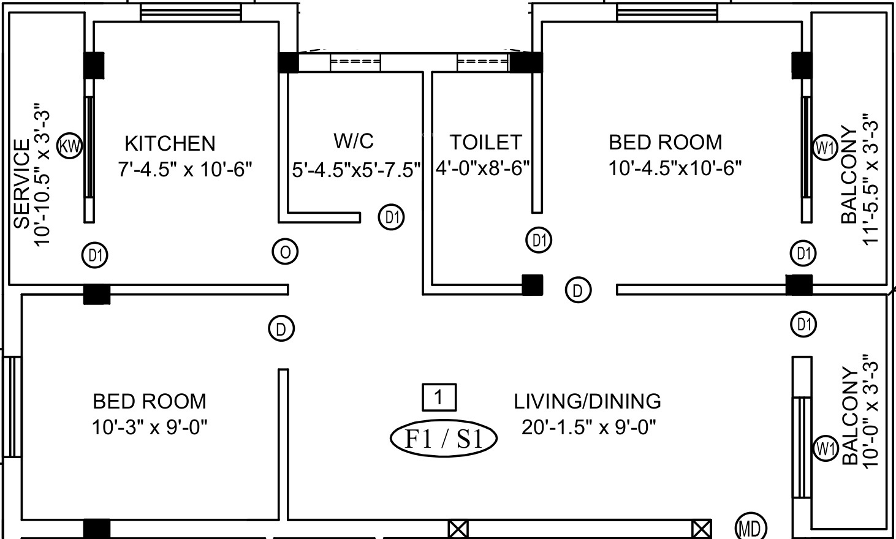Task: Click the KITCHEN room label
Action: (170, 143)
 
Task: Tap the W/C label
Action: (354, 141)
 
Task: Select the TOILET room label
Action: (486, 142)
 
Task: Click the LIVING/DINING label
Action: (587, 401)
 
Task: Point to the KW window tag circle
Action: (70, 146)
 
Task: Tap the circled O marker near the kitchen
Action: (285, 252)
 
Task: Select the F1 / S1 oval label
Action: (444, 439)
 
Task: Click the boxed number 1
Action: (439, 398)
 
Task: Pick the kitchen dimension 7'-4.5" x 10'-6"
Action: (185, 170)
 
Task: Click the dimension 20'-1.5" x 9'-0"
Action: (589, 428)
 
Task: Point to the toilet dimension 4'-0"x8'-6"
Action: (483, 168)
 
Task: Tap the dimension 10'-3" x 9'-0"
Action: (150, 428)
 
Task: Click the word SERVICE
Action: (23, 184)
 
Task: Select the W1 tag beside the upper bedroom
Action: (825, 148)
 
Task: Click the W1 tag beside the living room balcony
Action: (826, 448)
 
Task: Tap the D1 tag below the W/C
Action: (391, 217)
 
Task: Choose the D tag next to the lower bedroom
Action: (281, 329)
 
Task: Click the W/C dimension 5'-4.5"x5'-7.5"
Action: (357, 170)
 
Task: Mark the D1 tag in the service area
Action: (95, 255)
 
